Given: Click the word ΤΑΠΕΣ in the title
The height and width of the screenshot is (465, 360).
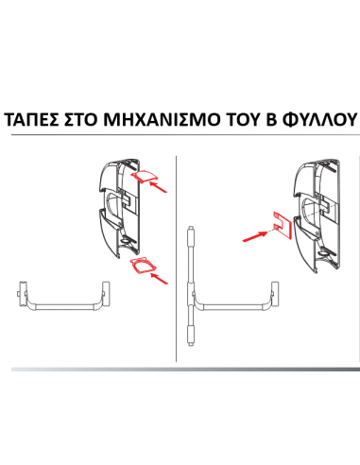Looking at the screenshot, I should tap(35, 121).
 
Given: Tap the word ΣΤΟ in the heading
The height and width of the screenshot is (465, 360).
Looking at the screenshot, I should tap(93, 121).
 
